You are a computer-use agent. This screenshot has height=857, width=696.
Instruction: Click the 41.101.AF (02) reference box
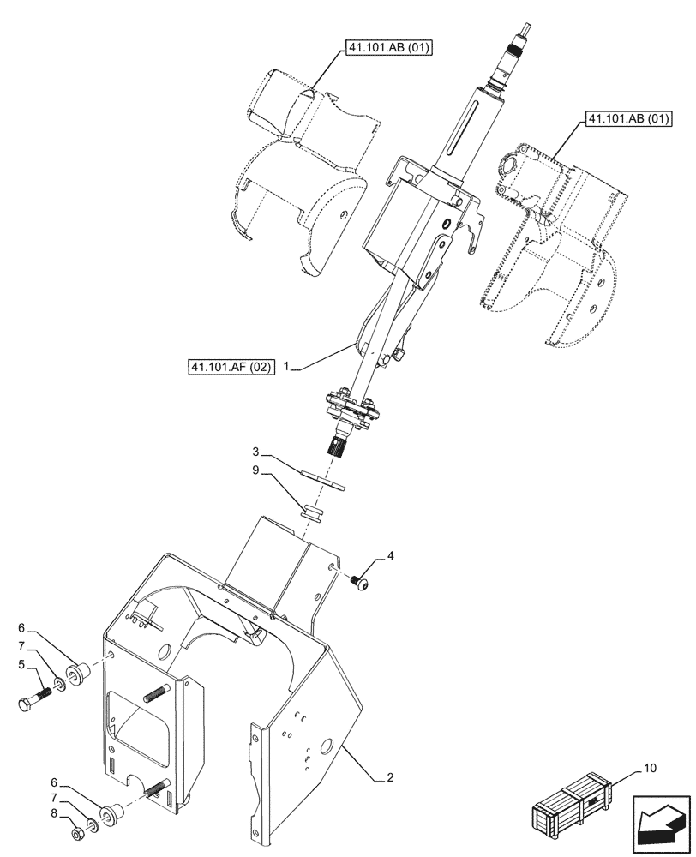tap(231, 369)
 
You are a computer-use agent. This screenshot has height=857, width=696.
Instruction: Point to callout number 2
tap(391, 778)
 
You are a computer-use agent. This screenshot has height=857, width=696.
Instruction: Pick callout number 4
tap(390, 556)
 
